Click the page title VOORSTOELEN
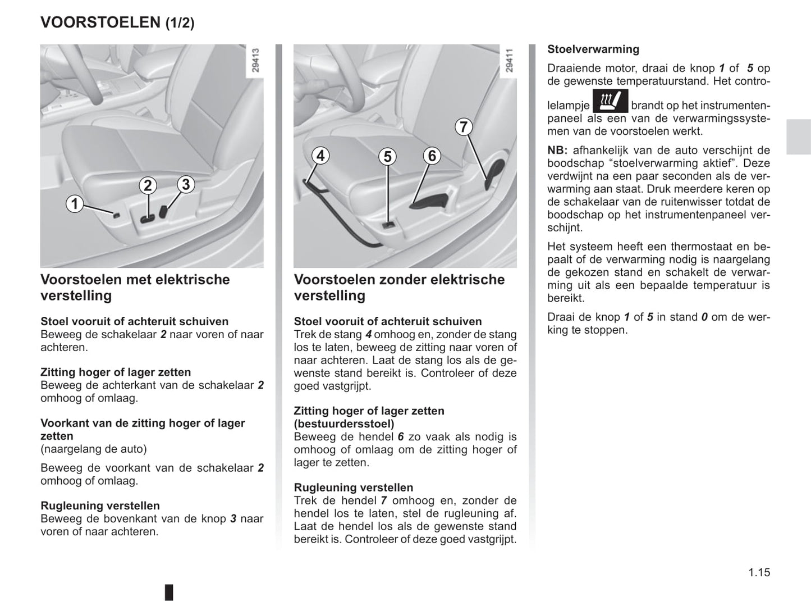pos(100,22)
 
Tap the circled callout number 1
pos(75,203)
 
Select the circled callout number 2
pos(148,185)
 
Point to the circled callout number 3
pos(186,184)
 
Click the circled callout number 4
pos(320,155)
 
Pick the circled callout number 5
pos(387,156)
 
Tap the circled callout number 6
pos(432,156)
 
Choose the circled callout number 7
pos(463,127)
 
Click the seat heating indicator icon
pos(610,102)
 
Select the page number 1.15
pos(759,572)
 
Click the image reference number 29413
pos(255,60)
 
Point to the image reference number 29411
pos(509,60)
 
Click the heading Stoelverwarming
pos(593,49)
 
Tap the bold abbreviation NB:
pos(557,151)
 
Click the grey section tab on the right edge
pos(798,137)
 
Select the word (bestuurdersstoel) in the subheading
pos(343,424)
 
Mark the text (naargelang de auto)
pos(94,449)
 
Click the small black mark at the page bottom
pos(169,592)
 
